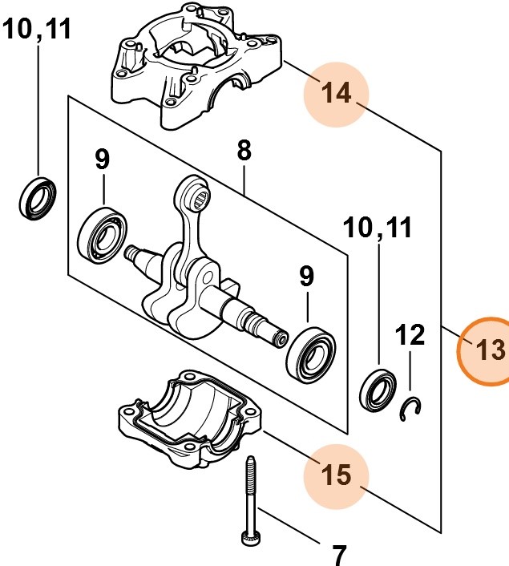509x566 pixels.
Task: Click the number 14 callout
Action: (x=336, y=94)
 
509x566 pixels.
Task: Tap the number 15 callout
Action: (x=336, y=474)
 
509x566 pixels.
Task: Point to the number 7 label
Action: (x=339, y=552)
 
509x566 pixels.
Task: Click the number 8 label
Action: (x=244, y=150)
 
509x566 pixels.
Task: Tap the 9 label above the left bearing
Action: (x=102, y=160)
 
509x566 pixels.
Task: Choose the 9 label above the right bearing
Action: (x=306, y=277)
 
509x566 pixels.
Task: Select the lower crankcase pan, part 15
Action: (x=189, y=421)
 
